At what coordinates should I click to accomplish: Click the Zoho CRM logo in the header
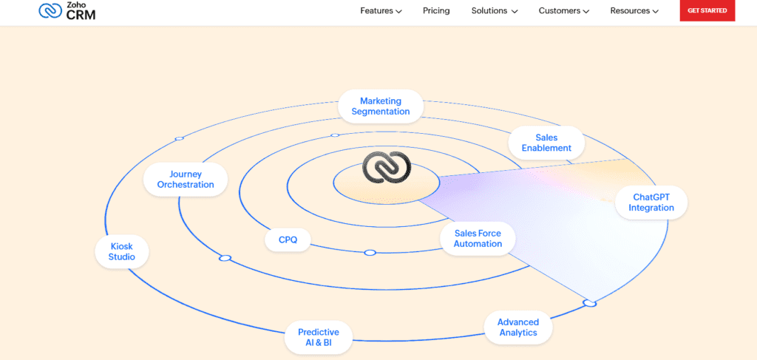pyautogui.click(x=67, y=10)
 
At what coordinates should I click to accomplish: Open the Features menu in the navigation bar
pyautogui.click(x=381, y=11)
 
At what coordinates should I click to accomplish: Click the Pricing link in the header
pyautogui.click(x=436, y=11)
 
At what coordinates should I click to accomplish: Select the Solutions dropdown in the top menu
pyautogui.click(x=495, y=11)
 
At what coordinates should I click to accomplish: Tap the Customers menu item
pyautogui.click(x=563, y=11)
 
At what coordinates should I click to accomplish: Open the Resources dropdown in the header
pyautogui.click(x=634, y=11)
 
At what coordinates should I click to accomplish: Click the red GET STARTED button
pyautogui.click(x=707, y=11)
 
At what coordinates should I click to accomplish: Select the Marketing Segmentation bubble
pyautogui.click(x=380, y=106)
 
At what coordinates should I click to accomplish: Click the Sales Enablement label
pyautogui.click(x=546, y=143)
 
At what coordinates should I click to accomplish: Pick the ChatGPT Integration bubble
pyautogui.click(x=651, y=203)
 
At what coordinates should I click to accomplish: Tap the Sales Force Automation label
pyautogui.click(x=478, y=239)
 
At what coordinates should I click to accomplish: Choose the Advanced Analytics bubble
pyautogui.click(x=517, y=327)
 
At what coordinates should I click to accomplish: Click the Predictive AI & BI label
pyautogui.click(x=319, y=338)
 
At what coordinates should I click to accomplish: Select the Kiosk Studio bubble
pyautogui.click(x=122, y=252)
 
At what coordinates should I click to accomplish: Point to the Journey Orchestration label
pyautogui.click(x=186, y=180)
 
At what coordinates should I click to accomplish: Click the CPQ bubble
pyautogui.click(x=288, y=240)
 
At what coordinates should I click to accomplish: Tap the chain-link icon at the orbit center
pyautogui.click(x=386, y=169)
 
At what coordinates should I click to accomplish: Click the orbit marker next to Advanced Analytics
pyautogui.click(x=589, y=303)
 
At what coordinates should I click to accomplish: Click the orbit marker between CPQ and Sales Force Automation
pyautogui.click(x=370, y=253)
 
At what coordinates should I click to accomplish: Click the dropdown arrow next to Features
pyautogui.click(x=399, y=12)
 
